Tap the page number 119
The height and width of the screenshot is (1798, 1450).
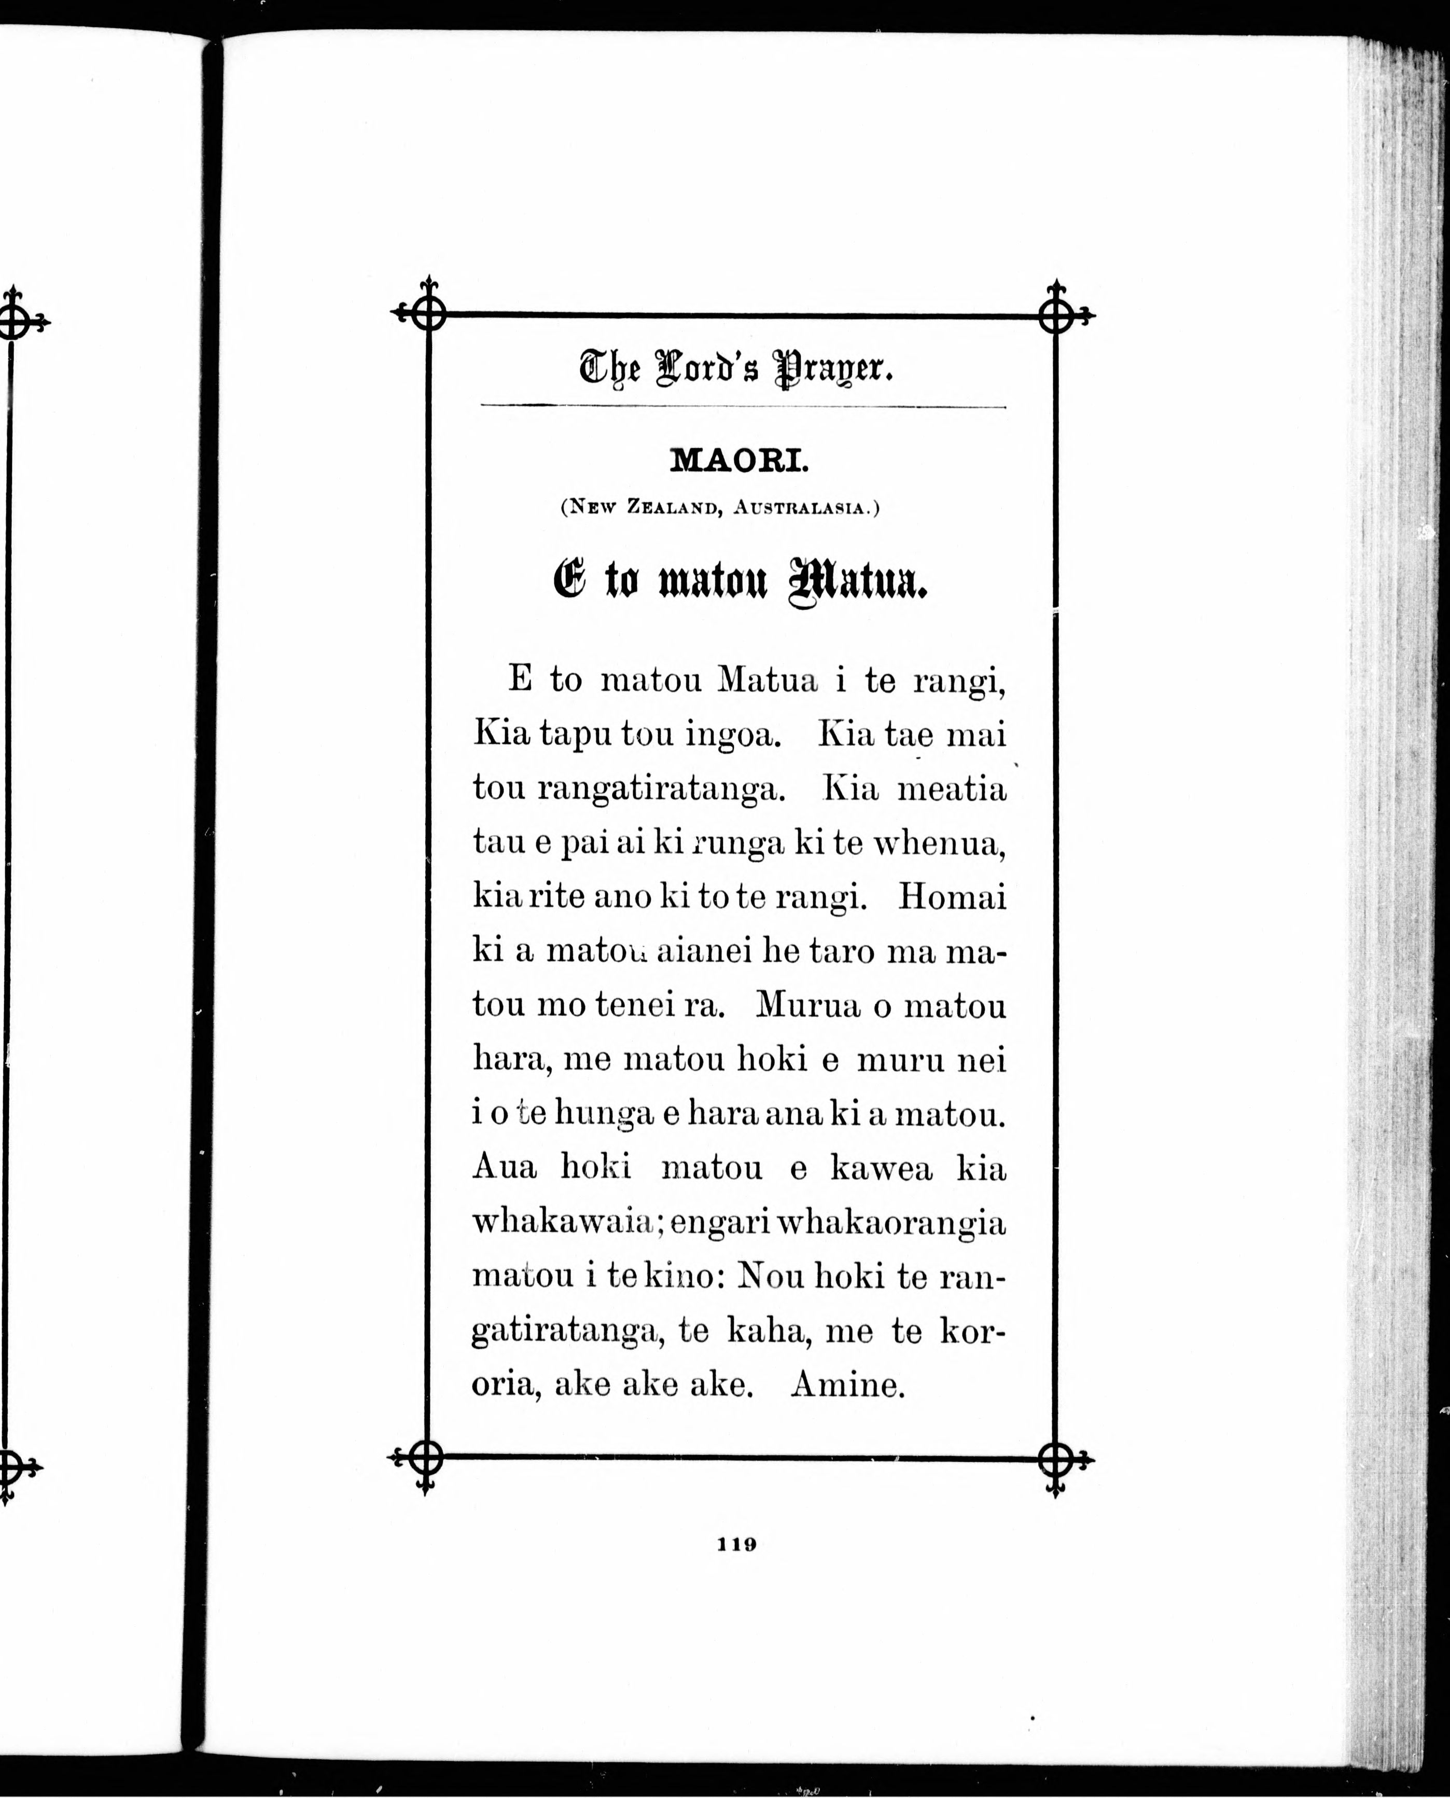(x=737, y=1544)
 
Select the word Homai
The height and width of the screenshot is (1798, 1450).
(x=952, y=898)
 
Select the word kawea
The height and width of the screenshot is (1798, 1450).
(x=881, y=1168)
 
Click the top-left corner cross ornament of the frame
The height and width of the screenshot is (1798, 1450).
(x=428, y=314)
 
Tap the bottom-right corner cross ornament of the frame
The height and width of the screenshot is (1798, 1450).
(x=1056, y=1460)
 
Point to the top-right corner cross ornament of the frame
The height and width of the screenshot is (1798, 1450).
(x=1056, y=316)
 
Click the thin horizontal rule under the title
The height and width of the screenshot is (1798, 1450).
(x=743, y=407)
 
